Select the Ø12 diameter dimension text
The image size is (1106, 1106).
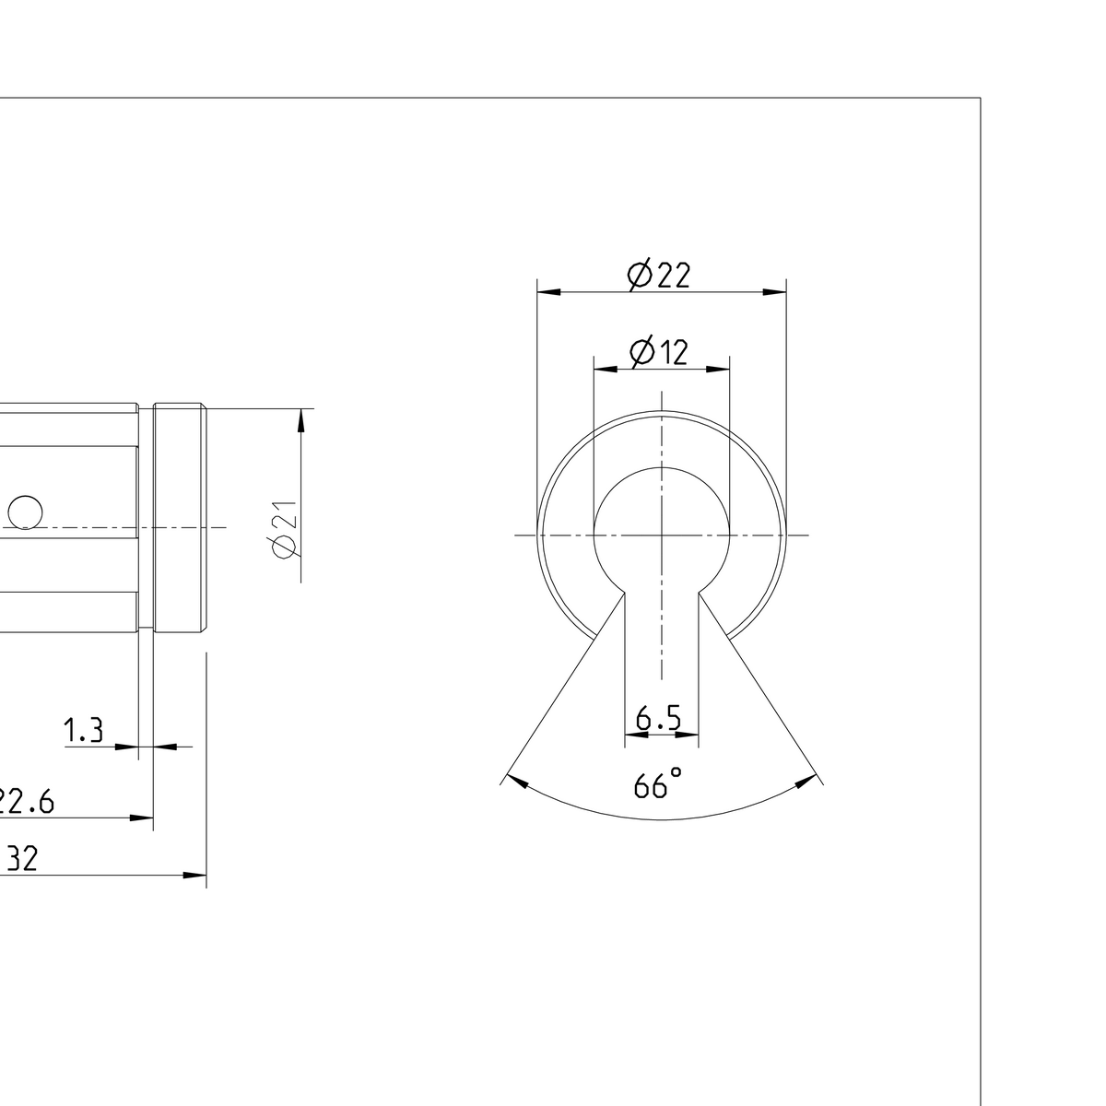coord(658,351)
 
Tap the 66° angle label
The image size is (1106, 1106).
coord(657,784)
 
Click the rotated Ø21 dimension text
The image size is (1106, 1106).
coord(284,530)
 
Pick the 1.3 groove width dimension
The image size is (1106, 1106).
coord(83,732)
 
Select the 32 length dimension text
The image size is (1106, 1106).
coord(20,860)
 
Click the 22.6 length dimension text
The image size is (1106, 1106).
coord(26,802)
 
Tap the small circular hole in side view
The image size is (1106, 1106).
coord(26,512)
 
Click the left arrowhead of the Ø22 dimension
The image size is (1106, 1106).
coord(548,292)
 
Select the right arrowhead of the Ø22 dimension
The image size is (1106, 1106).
coord(775,292)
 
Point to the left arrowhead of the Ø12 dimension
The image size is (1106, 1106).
coord(605,369)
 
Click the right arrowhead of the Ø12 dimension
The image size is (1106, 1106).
coord(718,369)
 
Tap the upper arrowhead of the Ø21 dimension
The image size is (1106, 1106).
coord(300,420)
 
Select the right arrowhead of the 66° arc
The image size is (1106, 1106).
coord(806,782)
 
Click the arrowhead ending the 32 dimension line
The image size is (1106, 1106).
coord(194,875)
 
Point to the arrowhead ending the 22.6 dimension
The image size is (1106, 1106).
coord(142,817)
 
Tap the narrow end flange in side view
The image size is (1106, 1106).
coord(180,518)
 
